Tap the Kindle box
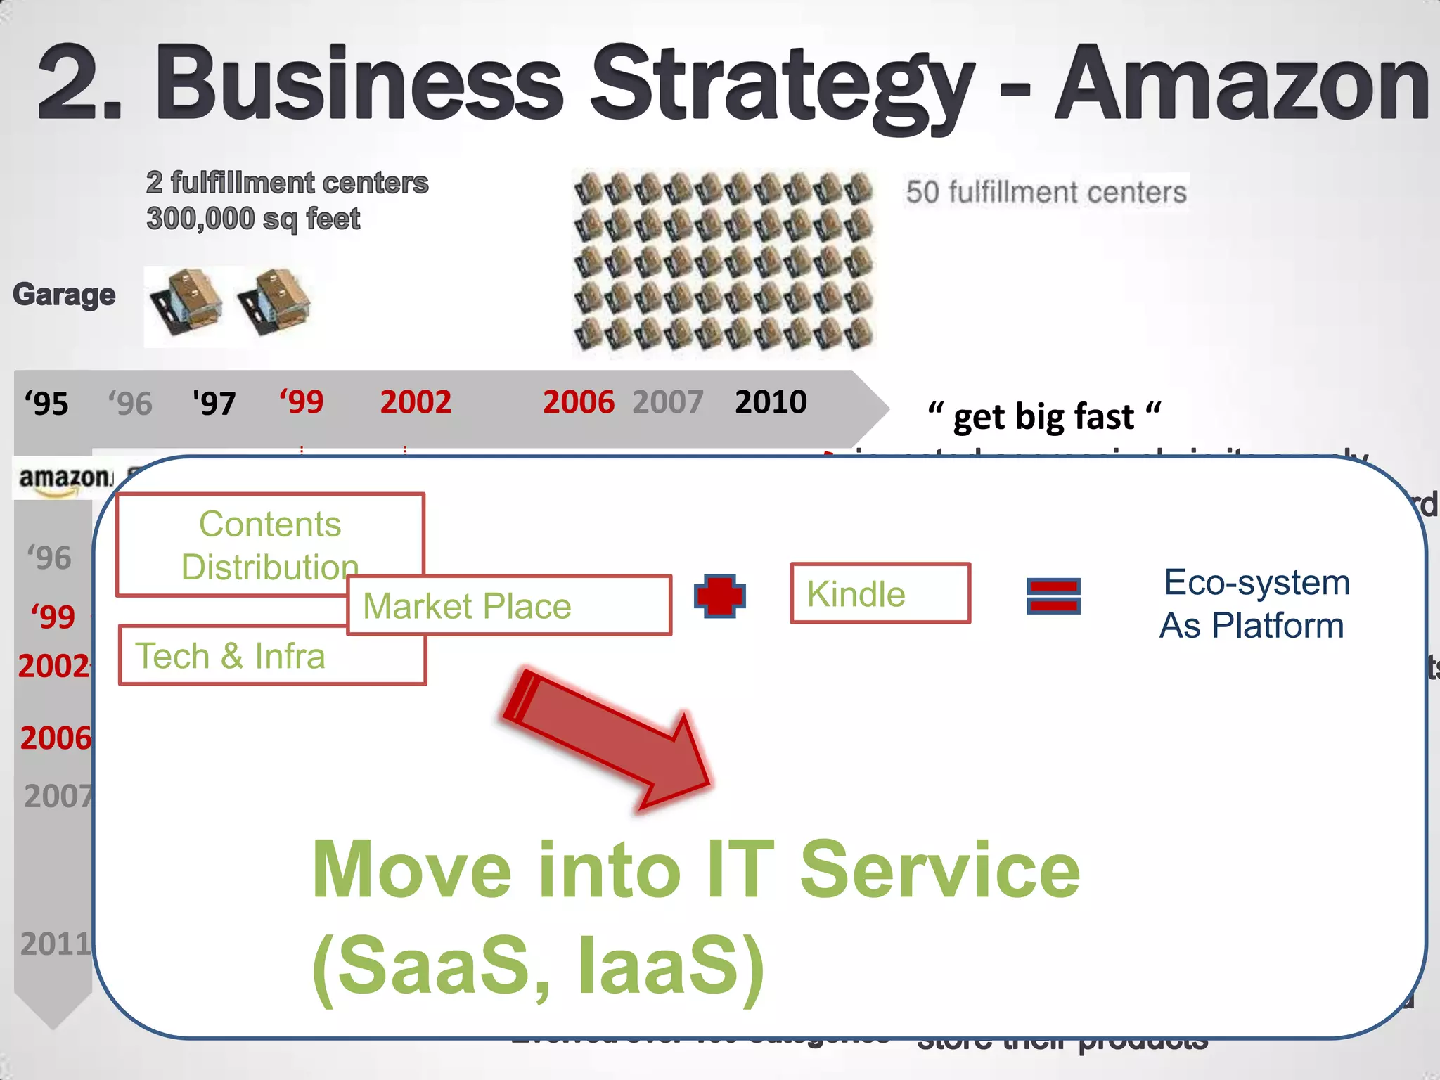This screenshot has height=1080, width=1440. (880, 593)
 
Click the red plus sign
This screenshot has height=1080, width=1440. (719, 596)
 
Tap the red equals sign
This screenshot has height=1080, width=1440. (1053, 596)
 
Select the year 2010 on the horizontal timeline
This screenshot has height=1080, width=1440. (770, 402)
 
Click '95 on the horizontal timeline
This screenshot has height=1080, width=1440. (46, 404)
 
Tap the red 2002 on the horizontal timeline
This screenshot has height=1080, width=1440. (416, 402)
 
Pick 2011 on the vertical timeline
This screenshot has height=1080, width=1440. (56, 944)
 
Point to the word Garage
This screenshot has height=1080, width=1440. (64, 295)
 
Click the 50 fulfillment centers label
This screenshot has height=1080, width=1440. (1046, 192)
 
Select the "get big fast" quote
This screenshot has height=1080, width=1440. (1043, 416)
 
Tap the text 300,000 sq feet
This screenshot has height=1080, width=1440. (253, 219)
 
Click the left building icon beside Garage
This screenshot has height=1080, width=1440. (186, 302)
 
